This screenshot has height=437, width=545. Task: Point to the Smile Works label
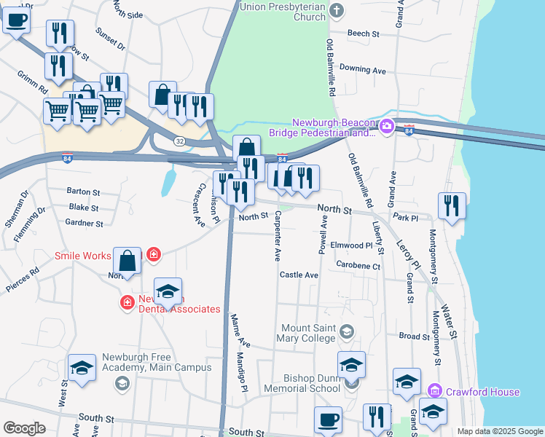click(x=82, y=256)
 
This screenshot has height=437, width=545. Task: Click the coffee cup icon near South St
click(x=328, y=419)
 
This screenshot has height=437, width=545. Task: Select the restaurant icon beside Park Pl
click(x=452, y=205)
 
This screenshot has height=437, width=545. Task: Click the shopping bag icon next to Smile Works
click(x=127, y=260)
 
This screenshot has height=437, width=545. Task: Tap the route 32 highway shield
click(x=179, y=140)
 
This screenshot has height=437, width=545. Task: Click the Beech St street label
click(x=364, y=34)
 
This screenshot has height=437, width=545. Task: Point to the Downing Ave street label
click(x=362, y=70)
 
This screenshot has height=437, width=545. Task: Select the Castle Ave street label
click(x=299, y=275)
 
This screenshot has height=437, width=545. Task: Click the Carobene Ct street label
click(x=358, y=267)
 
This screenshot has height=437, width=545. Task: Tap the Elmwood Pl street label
click(x=351, y=245)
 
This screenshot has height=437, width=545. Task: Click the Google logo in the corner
click(x=24, y=428)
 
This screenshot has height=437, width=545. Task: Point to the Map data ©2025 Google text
click(x=499, y=431)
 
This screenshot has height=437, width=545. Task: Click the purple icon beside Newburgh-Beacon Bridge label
click(x=388, y=126)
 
